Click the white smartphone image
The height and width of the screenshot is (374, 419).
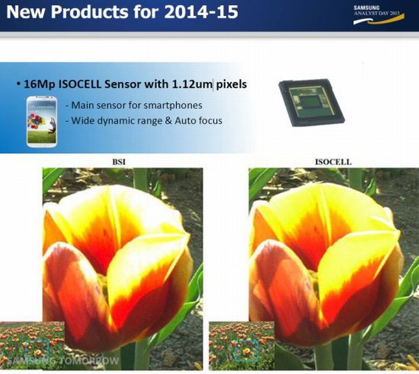tap(41, 121)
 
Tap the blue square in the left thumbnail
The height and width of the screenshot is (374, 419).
tap(38, 350)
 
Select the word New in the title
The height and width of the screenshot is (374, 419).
tap(24, 12)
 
